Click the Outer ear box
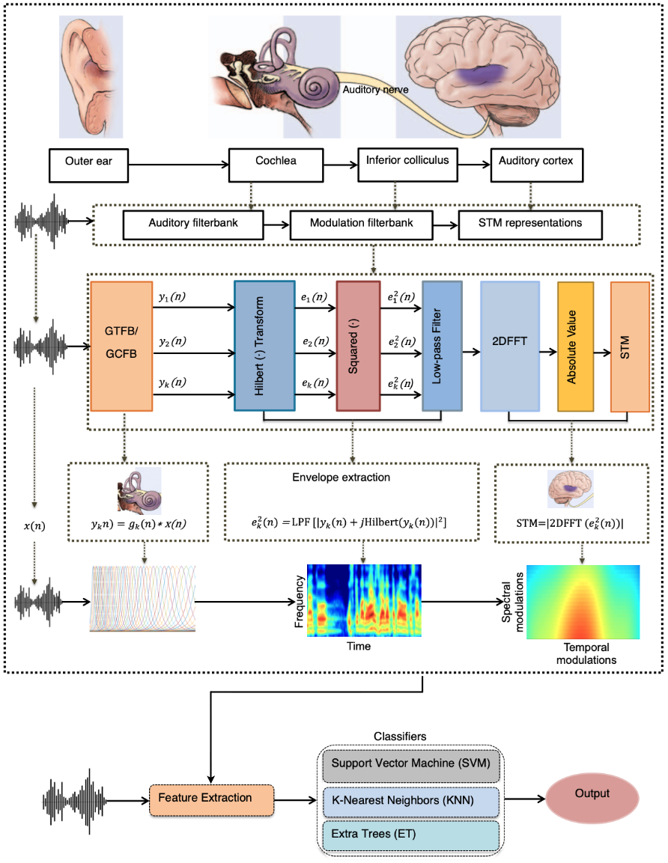[x=88, y=165]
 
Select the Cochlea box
[x=276, y=165]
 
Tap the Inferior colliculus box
[x=407, y=164]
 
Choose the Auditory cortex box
[x=536, y=165]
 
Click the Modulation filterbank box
[x=361, y=225]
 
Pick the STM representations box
[x=530, y=225]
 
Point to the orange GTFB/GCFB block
[x=121, y=347]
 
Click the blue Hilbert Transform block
[x=264, y=346]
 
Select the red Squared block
[x=358, y=346]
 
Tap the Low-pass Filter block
[x=442, y=346]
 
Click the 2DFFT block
[x=510, y=347]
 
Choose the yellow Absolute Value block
[x=575, y=347]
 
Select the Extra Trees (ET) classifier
[x=411, y=835]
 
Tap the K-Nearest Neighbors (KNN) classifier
[x=411, y=802]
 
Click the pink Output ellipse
[x=592, y=797]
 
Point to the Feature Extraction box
[x=211, y=799]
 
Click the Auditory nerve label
[x=376, y=90]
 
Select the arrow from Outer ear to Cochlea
[x=179, y=165]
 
